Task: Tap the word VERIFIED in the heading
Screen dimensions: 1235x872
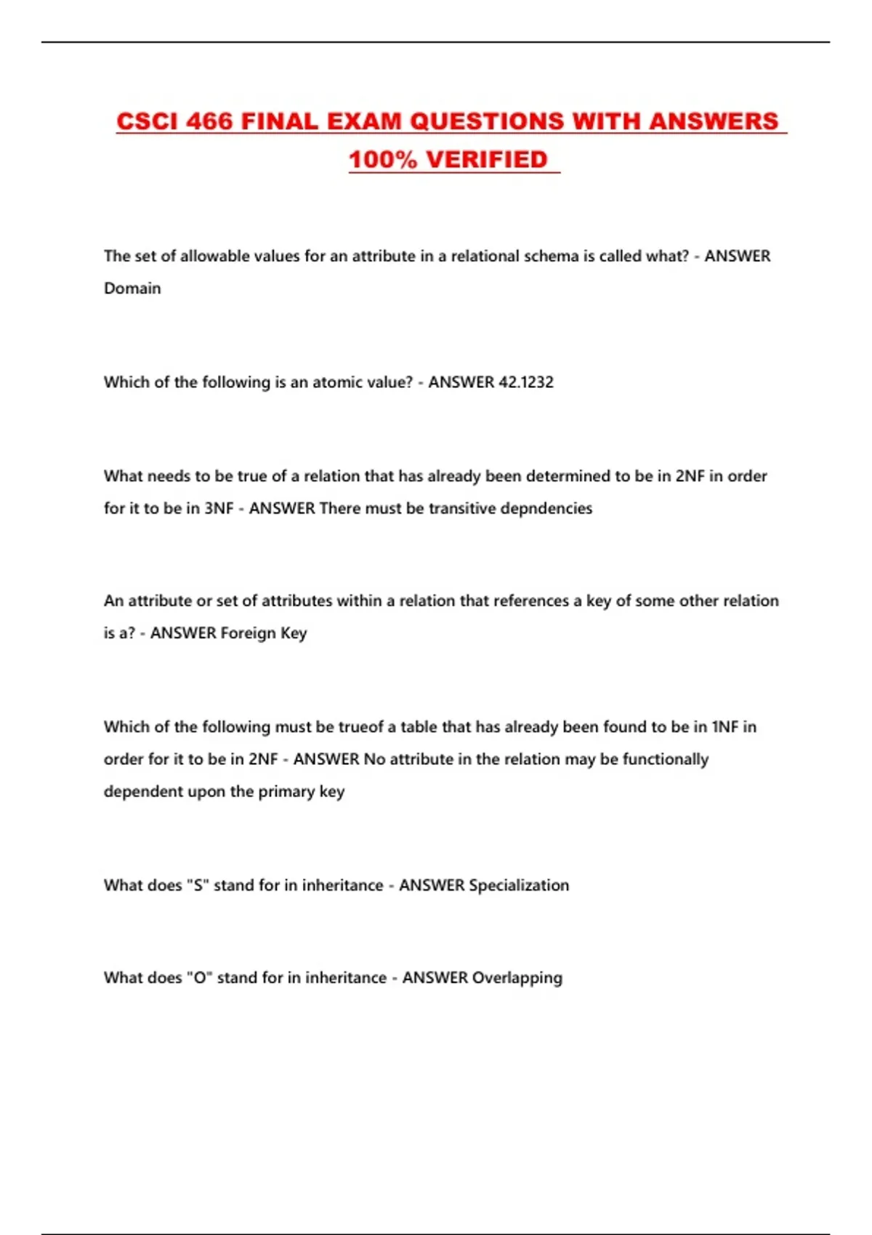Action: point(486,160)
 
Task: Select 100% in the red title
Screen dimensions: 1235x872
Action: point(383,160)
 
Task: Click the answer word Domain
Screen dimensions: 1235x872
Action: point(132,288)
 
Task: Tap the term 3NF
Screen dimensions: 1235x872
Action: point(219,509)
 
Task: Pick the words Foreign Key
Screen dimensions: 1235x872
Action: point(264,633)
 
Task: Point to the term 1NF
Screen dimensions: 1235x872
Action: point(724,727)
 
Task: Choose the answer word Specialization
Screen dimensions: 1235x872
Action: point(519,886)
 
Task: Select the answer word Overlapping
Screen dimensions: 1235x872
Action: point(517,978)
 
